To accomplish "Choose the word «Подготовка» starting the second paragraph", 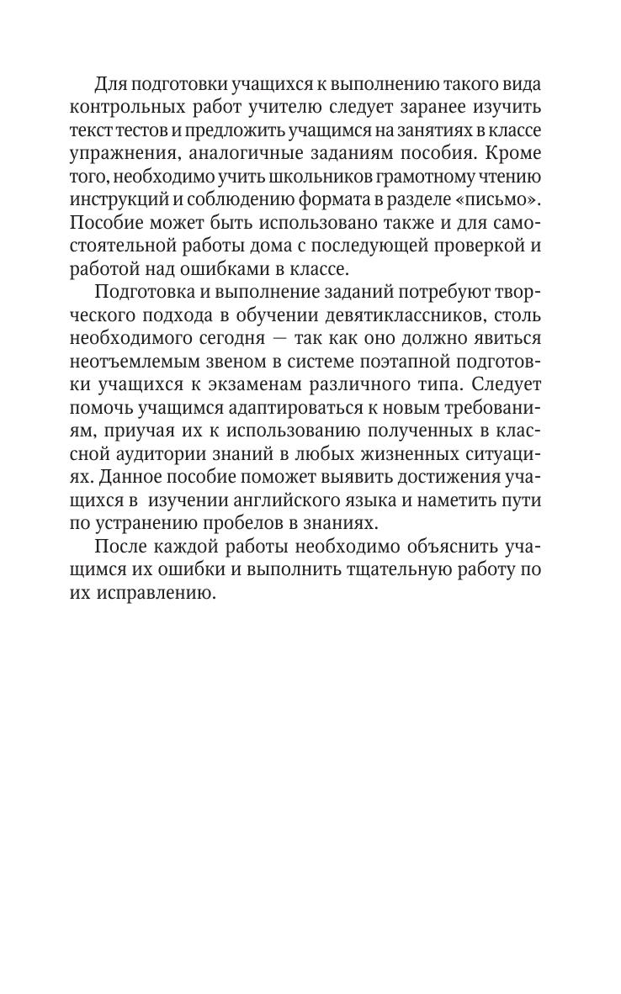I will click(x=148, y=293).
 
